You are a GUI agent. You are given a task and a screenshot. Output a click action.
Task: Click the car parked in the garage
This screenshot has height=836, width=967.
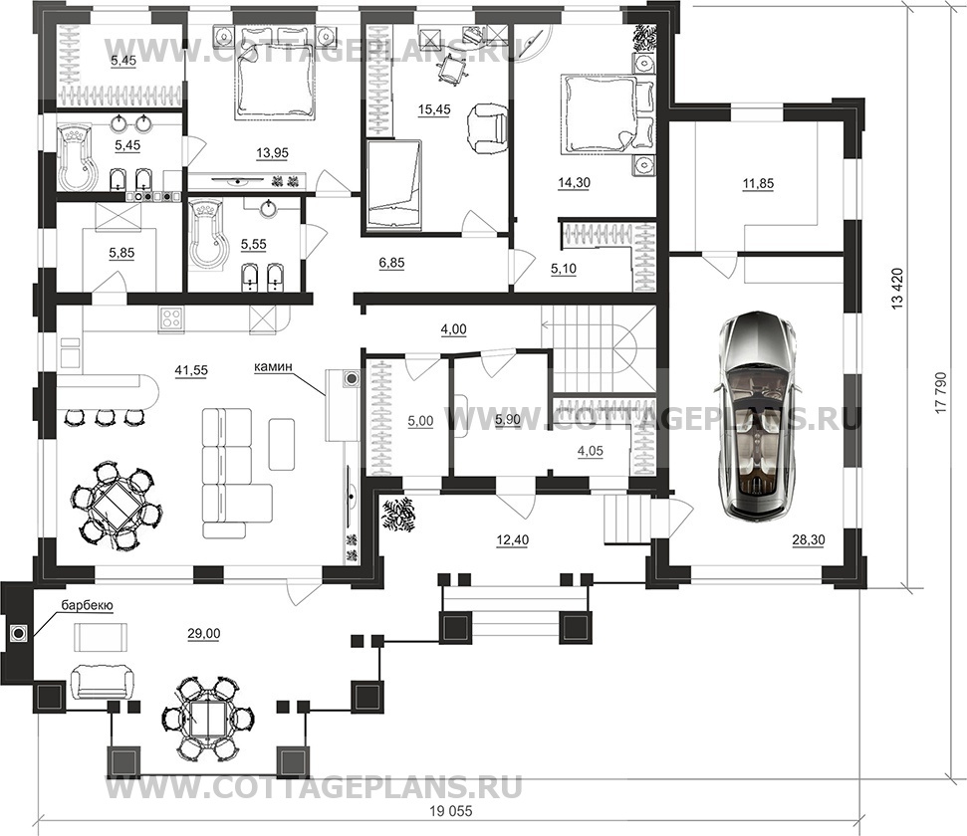click(758, 417)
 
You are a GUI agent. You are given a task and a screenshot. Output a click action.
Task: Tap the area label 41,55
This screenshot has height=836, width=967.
click(191, 370)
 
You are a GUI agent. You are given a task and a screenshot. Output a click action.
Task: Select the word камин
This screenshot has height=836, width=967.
click(272, 367)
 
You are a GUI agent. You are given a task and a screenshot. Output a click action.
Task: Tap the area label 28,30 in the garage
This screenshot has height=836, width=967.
click(809, 540)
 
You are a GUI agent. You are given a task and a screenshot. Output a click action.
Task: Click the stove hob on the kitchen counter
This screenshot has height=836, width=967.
click(172, 318)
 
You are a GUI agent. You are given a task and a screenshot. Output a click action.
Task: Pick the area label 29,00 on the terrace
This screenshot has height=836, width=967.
click(204, 633)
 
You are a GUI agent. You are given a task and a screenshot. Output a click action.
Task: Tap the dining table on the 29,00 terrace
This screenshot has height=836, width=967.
click(208, 717)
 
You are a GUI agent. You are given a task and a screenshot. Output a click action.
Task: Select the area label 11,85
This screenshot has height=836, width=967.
click(758, 183)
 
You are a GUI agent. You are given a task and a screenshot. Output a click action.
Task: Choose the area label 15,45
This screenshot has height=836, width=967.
click(434, 109)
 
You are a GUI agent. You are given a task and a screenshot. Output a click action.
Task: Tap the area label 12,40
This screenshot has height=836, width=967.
click(513, 540)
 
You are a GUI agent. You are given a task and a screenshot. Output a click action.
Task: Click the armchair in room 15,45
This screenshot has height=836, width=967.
click(487, 128)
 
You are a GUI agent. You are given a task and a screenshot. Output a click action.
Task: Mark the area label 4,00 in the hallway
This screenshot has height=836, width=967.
click(453, 329)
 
